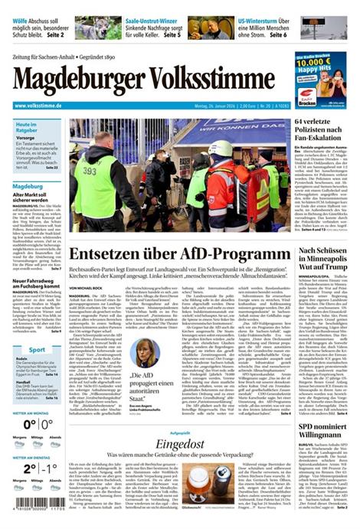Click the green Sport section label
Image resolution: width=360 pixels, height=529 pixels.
37,350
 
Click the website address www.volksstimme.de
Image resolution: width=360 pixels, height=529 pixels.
44,105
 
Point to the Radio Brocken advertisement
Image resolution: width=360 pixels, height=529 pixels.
320,80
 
